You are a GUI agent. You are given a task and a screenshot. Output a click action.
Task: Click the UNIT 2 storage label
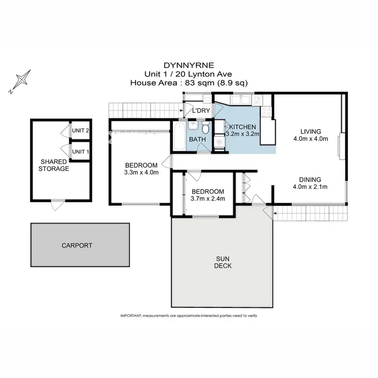[80, 131]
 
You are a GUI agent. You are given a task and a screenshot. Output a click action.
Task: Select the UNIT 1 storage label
[80, 151]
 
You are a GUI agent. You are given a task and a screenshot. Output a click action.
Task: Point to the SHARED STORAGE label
[53, 165]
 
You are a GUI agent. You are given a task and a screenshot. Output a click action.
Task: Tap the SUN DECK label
[223, 262]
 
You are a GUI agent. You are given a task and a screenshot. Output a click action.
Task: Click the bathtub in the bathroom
[179, 135]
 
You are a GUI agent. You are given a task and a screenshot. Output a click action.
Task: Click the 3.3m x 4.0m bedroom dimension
[141, 172]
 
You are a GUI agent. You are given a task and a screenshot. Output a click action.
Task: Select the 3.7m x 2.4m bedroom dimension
[208, 198]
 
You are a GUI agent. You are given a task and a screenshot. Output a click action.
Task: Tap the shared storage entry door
[58, 203]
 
